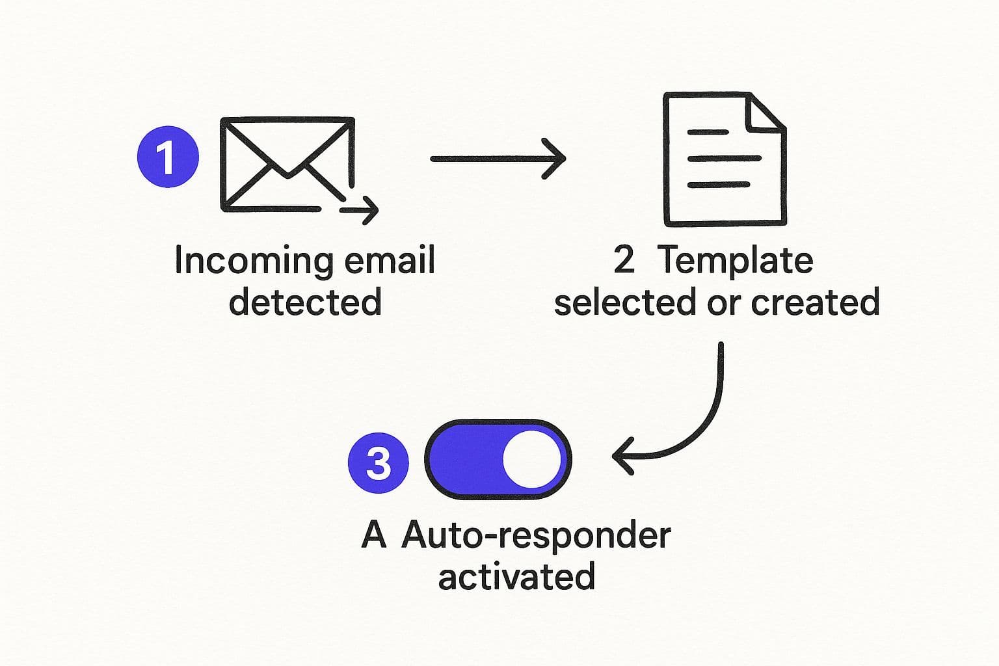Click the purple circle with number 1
coord(168,157)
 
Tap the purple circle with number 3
coord(379,463)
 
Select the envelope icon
coord(286,164)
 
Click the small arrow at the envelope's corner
coord(360,209)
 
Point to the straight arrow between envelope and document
coord(498,158)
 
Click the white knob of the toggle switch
coord(531,460)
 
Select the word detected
coord(305,302)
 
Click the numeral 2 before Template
coord(623,260)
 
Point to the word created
coord(815,302)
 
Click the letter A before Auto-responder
coord(373,535)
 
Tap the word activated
coord(516,577)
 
